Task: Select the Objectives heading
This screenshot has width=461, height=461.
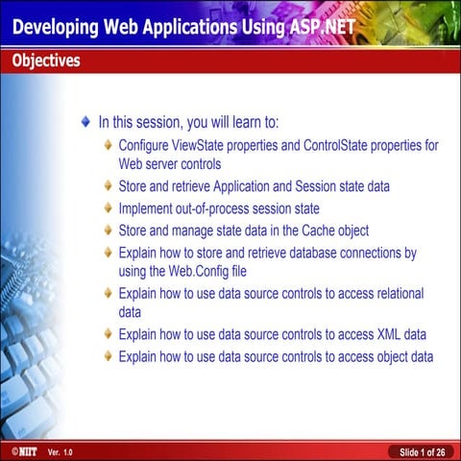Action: point(45,61)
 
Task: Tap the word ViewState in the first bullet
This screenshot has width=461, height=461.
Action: point(215,146)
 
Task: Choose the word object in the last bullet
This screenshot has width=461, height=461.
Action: point(386,356)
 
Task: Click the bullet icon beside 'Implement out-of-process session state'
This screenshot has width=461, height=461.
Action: point(108,208)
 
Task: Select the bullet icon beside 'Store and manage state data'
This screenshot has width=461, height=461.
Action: point(108,231)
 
